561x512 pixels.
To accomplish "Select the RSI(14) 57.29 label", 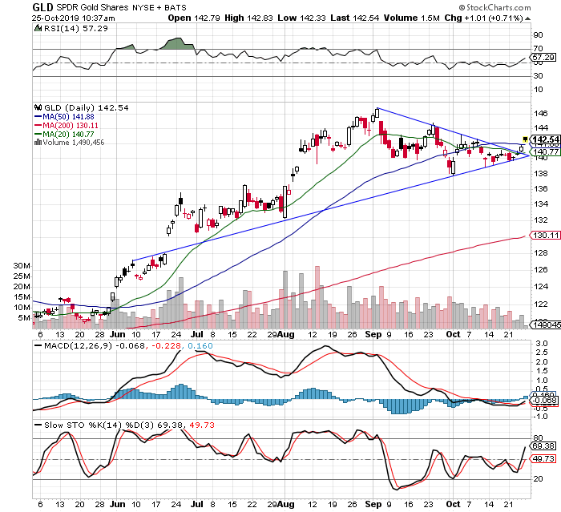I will (x=65, y=29).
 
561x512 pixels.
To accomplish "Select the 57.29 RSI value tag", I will (x=544, y=57).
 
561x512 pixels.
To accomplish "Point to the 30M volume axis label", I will (x=22, y=264).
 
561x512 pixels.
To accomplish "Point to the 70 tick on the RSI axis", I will (x=538, y=48).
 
